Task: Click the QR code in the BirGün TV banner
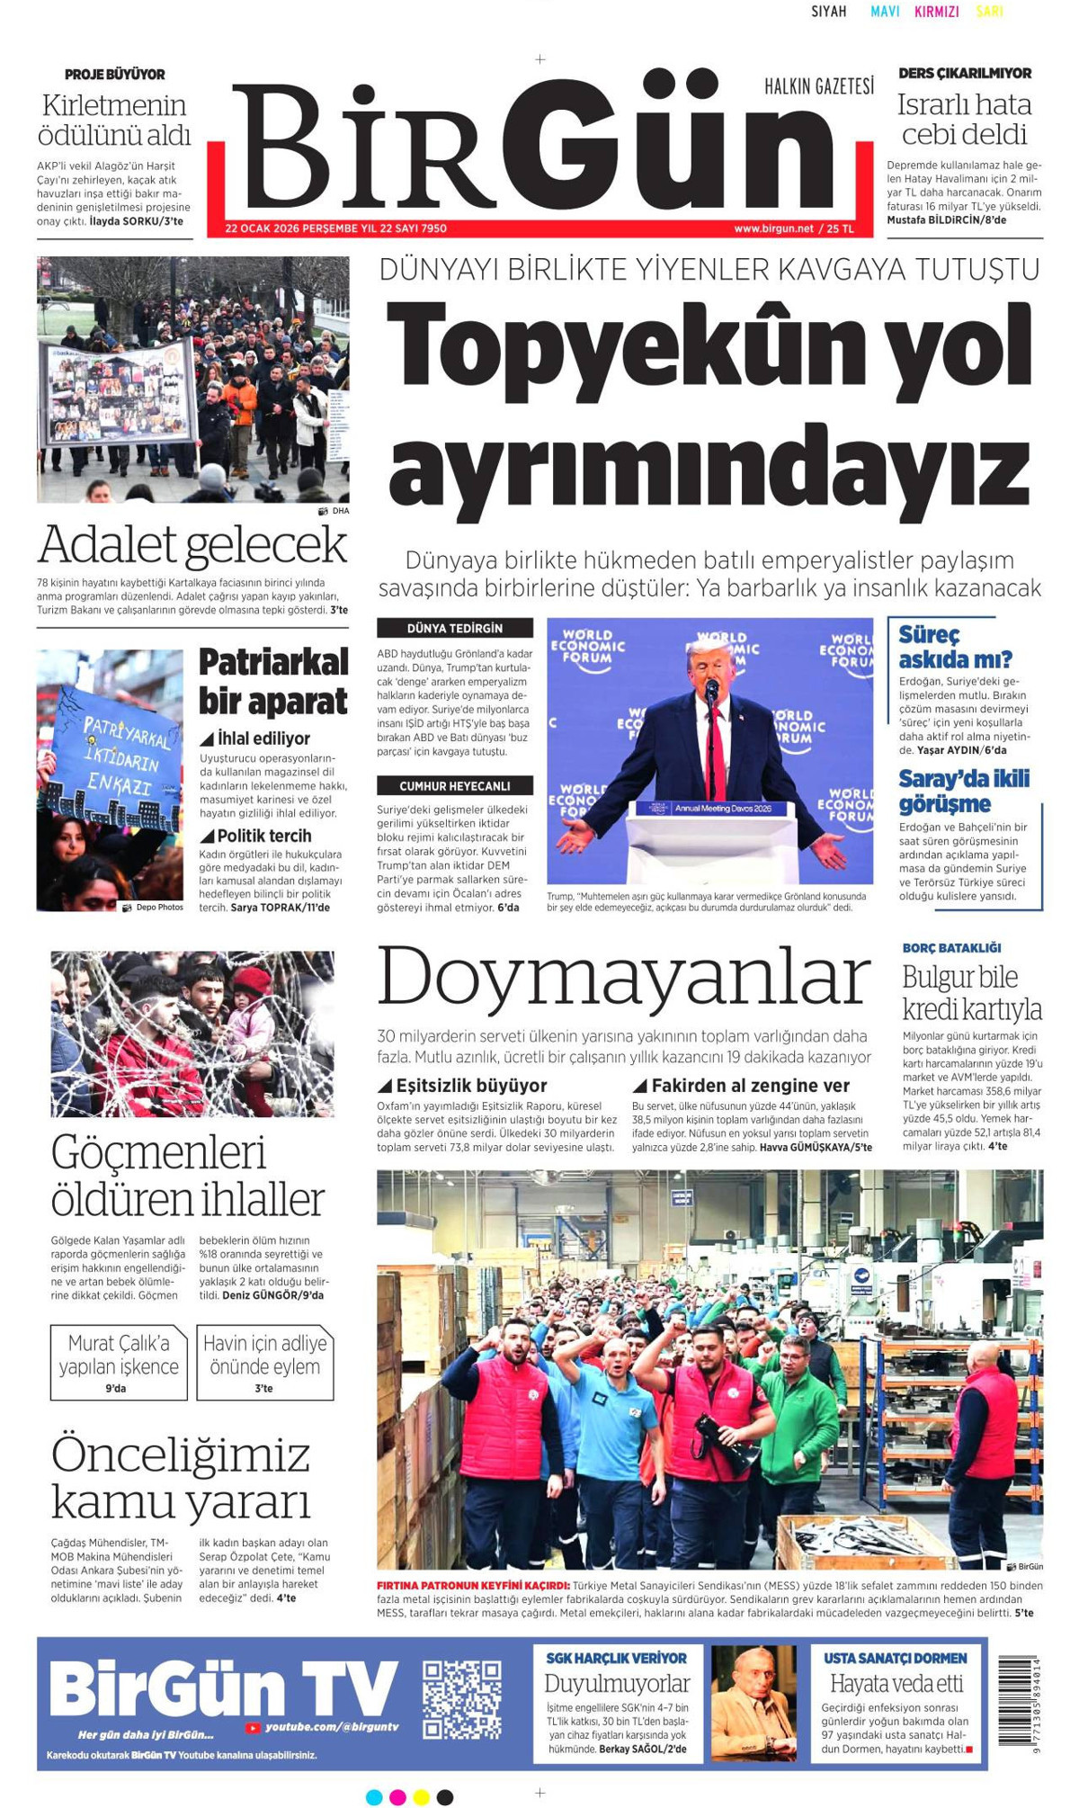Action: click(x=462, y=1699)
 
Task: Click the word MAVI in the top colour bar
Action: click(x=885, y=12)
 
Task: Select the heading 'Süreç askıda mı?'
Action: click(x=955, y=647)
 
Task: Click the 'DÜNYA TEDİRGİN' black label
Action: click(x=455, y=628)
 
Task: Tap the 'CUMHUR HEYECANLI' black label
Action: click(x=455, y=785)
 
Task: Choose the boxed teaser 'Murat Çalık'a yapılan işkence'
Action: click(x=119, y=1362)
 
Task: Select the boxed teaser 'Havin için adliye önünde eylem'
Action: click(x=265, y=1362)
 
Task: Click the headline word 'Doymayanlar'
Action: click(x=624, y=976)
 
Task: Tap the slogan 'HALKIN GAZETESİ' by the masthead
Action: click(x=819, y=86)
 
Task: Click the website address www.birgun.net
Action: click(x=773, y=228)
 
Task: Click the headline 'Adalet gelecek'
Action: click(x=192, y=545)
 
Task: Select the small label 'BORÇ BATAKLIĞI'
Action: click(x=951, y=947)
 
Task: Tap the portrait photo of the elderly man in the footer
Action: click(x=754, y=1701)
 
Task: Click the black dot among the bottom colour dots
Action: click(x=444, y=1797)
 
